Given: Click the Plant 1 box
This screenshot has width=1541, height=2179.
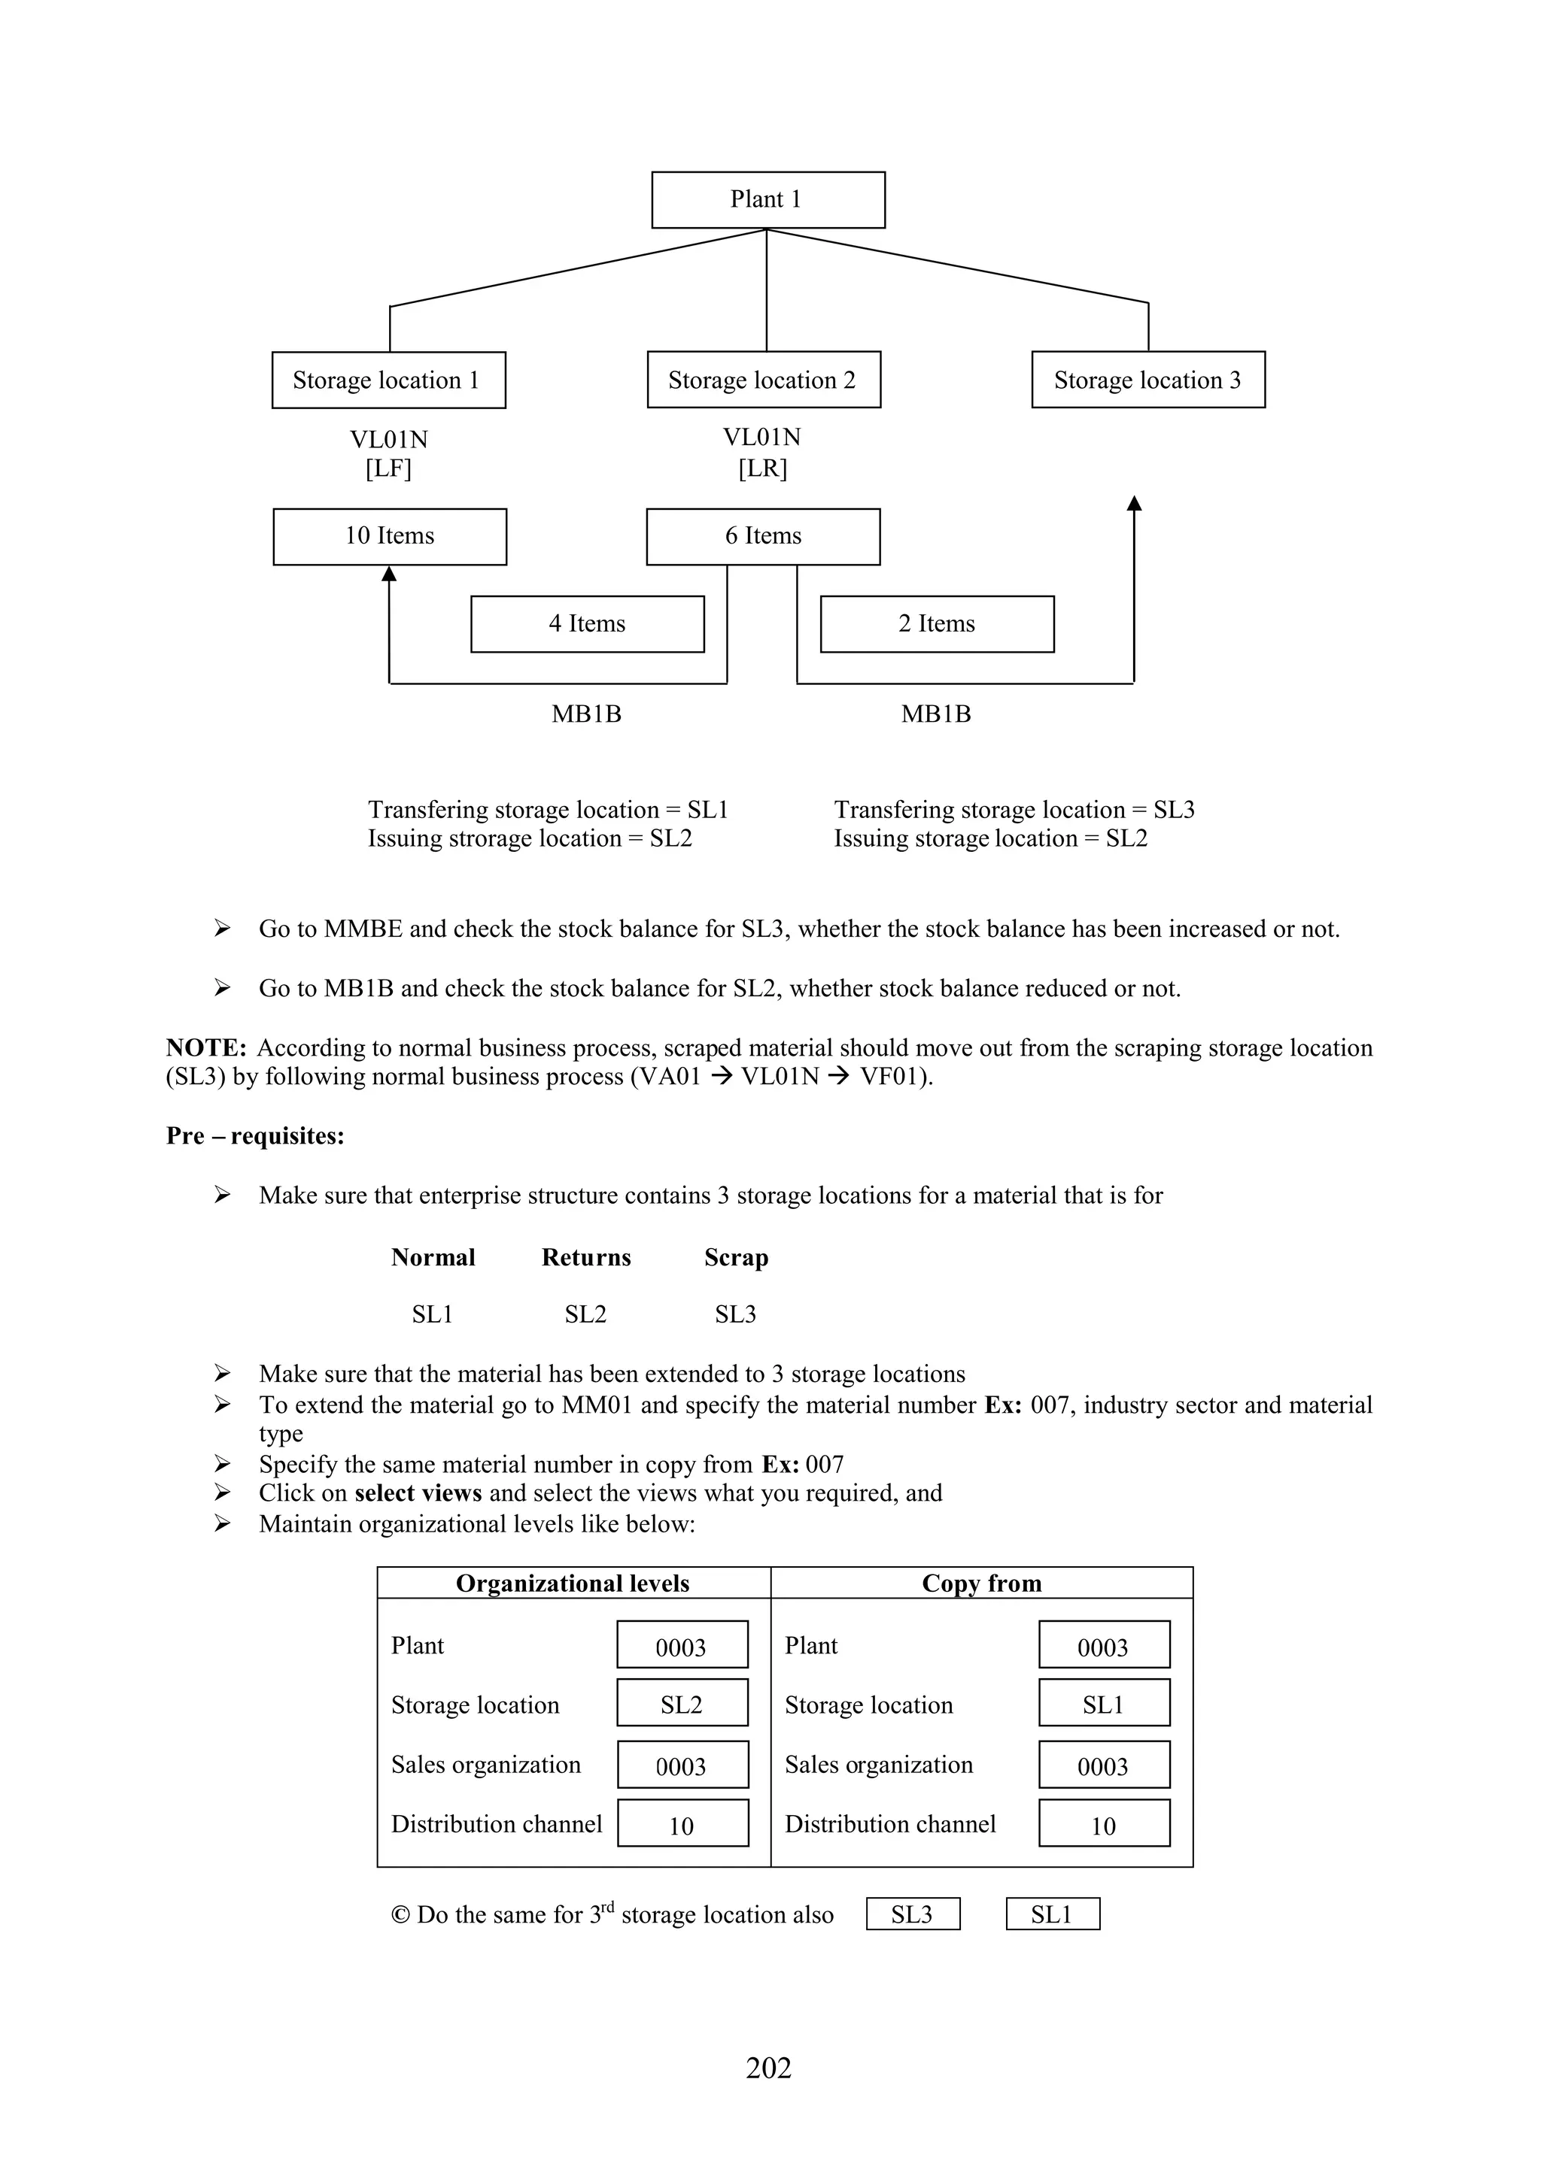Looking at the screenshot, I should (767, 199).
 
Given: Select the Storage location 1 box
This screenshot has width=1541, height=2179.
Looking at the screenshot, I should (388, 380).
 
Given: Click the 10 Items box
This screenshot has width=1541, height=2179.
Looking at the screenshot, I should (389, 536).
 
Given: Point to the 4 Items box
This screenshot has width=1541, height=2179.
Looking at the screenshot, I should (587, 623).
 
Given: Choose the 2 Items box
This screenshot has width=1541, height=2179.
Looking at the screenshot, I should (936, 623).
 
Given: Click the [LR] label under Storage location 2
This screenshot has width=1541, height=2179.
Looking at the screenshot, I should (762, 468).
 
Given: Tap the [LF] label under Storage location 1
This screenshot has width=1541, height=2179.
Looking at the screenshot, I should (388, 468).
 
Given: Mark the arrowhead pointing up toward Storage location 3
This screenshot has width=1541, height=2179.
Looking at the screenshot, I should (1134, 503).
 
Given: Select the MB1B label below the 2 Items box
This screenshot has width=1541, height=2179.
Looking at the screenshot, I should (935, 714).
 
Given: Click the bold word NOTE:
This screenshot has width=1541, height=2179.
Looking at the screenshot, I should (206, 1047).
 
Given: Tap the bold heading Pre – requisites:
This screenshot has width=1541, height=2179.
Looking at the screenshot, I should (254, 1136).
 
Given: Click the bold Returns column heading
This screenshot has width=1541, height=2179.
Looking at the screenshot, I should (586, 1257).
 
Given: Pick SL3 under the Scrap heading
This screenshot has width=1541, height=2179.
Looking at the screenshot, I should (735, 1314).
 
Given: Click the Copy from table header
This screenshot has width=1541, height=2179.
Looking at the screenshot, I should (981, 1583).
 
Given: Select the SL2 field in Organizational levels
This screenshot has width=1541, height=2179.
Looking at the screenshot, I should (682, 1705).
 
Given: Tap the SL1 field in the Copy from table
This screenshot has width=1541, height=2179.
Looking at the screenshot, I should (1103, 1705).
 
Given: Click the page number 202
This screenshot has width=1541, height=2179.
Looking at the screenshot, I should (768, 2067).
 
